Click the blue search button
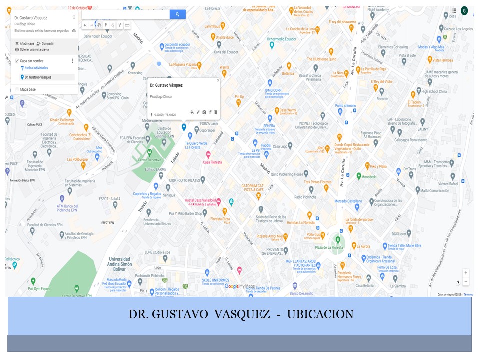[177, 15]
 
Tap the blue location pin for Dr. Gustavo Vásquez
[184, 127]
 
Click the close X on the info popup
[218, 80]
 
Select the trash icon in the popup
[216, 112]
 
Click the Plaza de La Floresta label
[328, 248]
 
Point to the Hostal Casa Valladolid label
[203, 200]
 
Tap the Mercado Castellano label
[348, 201]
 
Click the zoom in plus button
[466, 273]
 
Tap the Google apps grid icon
[454, 11]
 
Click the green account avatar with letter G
[464, 11]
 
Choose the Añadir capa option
[25, 43]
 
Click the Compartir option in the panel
[45, 43]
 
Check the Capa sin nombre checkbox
[17, 61]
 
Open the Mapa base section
[27, 90]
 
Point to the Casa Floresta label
[212, 162]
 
